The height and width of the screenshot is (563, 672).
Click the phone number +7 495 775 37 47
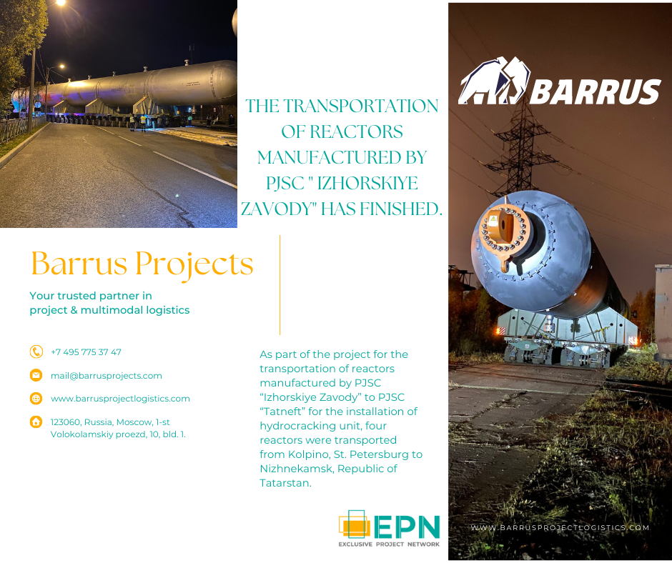(86, 352)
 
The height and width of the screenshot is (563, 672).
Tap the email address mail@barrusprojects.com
(107, 376)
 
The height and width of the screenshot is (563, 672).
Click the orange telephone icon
(36, 352)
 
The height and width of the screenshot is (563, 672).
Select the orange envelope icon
(36, 375)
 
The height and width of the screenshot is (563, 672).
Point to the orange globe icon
(36, 399)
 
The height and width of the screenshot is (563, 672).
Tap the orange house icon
(36, 422)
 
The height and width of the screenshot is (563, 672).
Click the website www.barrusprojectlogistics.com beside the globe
(120, 399)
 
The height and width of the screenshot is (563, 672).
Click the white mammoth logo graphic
(494, 81)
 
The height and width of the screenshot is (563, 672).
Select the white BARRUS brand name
(596, 91)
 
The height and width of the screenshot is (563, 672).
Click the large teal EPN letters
(407, 527)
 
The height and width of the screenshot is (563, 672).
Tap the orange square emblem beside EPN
(354, 524)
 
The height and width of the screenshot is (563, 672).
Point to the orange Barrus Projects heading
(142, 264)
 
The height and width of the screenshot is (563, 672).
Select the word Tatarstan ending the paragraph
(285, 483)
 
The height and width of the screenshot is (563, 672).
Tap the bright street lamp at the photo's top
(60, 3)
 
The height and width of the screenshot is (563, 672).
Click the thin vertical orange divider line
(280, 285)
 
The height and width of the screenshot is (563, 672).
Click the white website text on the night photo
(560, 528)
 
